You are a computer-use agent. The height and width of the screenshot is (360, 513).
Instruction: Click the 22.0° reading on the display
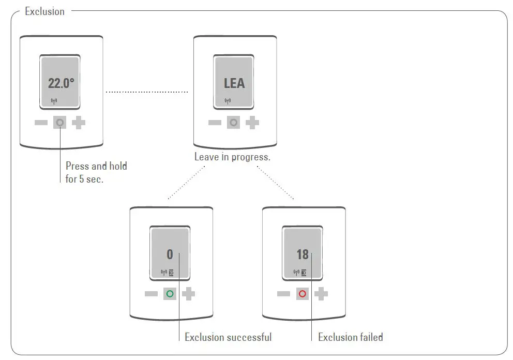tap(61, 83)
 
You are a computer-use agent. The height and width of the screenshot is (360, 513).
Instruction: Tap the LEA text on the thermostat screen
tap(234, 83)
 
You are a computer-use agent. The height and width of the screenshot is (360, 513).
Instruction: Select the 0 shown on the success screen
tap(170, 254)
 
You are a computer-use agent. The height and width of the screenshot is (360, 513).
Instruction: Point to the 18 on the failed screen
tap(302, 254)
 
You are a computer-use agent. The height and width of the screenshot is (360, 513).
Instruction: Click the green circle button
tap(170, 294)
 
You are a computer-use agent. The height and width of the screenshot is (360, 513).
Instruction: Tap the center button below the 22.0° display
tap(60, 123)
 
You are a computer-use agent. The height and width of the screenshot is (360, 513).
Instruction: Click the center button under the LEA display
tap(234, 123)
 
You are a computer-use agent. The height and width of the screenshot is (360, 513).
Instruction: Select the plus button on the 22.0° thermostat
tap(79, 123)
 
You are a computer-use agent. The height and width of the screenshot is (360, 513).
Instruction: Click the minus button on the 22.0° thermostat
tap(41, 123)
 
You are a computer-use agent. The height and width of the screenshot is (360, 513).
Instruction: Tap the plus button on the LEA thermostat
tap(253, 123)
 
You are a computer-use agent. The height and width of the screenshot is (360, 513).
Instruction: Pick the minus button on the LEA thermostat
tap(215, 123)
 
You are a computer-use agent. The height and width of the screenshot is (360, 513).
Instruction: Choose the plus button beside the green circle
tap(189, 294)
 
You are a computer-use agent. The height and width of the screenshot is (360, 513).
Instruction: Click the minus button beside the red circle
tap(283, 294)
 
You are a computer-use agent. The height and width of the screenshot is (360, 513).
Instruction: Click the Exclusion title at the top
tap(45, 11)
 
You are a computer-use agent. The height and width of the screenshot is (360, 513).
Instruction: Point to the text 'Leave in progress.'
tap(232, 157)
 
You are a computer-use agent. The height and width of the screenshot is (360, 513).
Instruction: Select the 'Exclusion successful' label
tap(228, 337)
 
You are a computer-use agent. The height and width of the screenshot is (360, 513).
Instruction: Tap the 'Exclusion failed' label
tap(351, 337)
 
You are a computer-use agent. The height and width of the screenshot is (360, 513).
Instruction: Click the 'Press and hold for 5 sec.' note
tap(96, 173)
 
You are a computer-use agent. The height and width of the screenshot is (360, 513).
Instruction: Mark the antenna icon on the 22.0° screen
tap(54, 101)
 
